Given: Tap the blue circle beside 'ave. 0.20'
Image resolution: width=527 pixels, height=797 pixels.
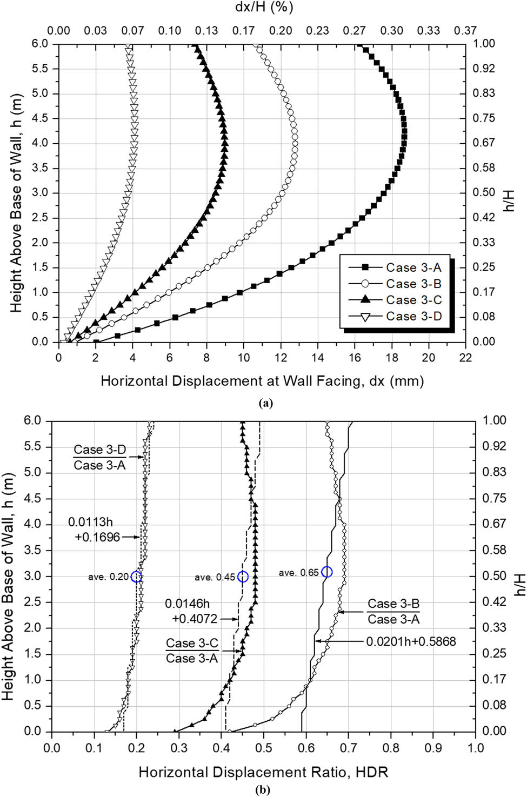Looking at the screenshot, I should [136, 577].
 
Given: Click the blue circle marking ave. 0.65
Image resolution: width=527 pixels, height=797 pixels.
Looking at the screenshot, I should [326, 572].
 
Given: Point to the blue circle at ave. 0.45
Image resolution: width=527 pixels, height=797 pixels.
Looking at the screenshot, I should [243, 577].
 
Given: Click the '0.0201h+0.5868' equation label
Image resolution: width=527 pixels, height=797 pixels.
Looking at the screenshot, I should [411, 641].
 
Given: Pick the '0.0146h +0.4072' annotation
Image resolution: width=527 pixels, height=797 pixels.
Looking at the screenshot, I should [191, 611].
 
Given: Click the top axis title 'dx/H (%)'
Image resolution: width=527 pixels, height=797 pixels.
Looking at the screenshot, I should [264, 8].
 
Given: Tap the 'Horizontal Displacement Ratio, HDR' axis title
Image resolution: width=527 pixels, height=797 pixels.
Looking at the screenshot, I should [263, 772].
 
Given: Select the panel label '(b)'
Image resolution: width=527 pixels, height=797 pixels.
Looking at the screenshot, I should [263, 789].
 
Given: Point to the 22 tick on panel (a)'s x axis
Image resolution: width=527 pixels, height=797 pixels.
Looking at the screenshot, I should [465, 358].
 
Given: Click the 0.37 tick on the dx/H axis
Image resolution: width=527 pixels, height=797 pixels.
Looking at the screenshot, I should [465, 31].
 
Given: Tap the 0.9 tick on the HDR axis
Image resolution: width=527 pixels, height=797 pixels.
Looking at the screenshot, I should [433, 748].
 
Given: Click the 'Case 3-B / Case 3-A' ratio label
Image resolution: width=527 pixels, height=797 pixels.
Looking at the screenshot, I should [393, 612].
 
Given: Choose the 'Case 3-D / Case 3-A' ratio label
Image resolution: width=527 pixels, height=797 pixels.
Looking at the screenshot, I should [99, 457].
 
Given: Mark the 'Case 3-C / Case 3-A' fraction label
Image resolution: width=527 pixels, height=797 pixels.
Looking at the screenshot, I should [192, 651].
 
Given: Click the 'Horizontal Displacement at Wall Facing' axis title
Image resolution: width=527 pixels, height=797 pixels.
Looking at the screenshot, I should [262, 381].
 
